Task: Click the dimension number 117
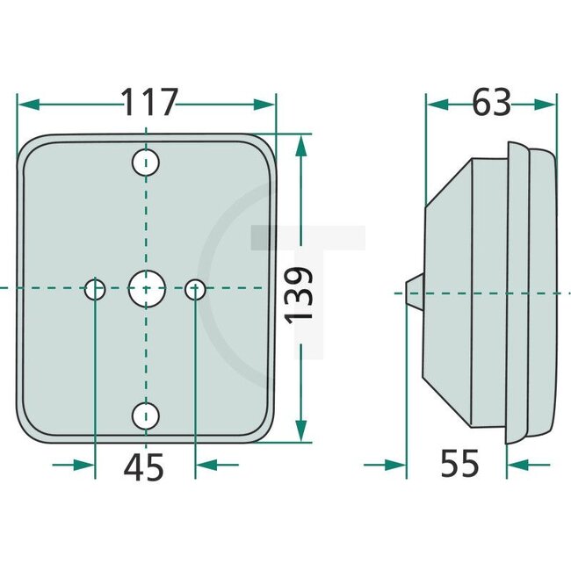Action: (x=149, y=103)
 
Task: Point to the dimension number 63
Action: (x=491, y=103)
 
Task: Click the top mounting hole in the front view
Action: (x=146, y=162)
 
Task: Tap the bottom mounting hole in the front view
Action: (x=146, y=415)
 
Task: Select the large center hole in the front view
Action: (x=146, y=287)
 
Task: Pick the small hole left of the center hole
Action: (x=95, y=287)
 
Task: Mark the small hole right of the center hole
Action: (x=197, y=287)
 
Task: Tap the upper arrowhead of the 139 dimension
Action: (x=301, y=146)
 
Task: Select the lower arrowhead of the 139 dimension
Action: (x=301, y=431)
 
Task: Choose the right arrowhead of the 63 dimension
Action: (x=546, y=104)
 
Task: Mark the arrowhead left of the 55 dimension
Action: (x=396, y=464)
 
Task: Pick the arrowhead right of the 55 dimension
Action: (x=517, y=464)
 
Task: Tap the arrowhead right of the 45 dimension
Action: (x=207, y=464)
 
